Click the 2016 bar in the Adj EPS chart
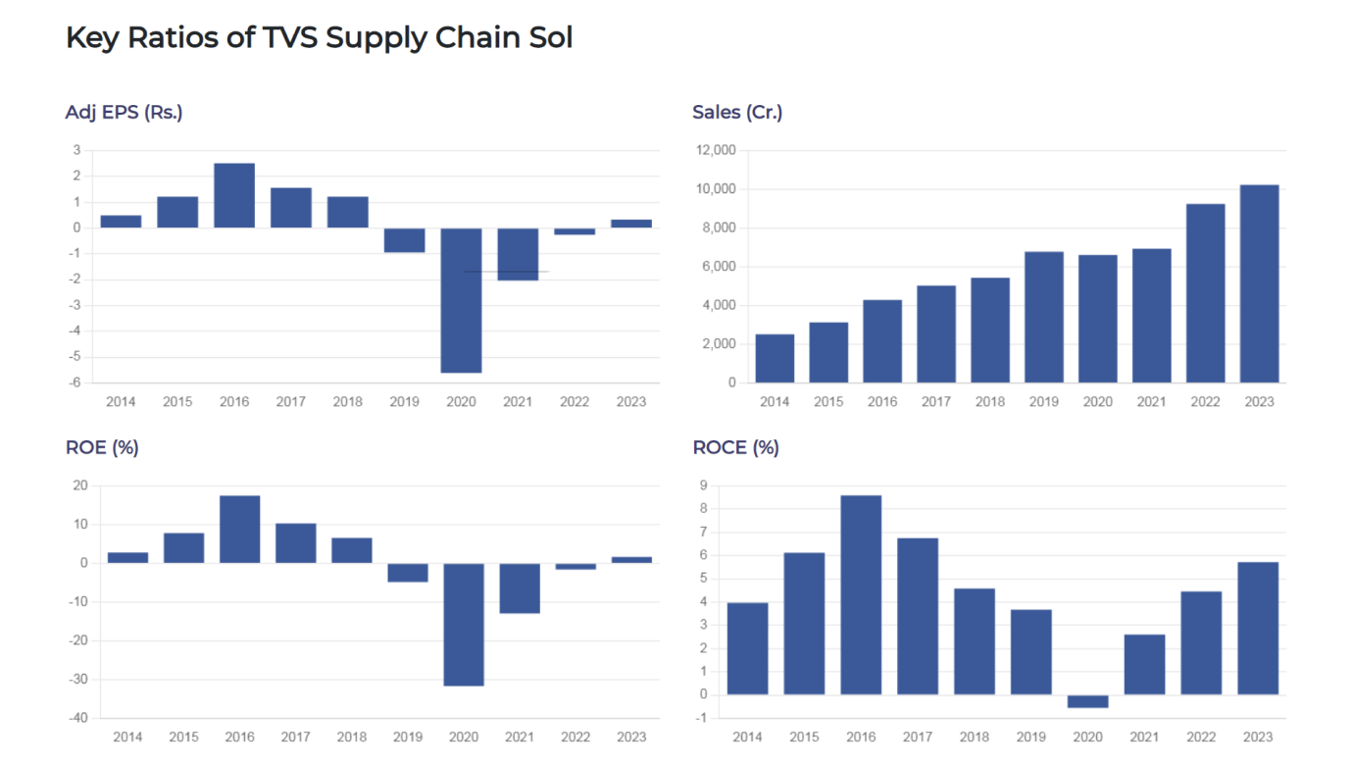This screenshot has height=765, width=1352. point(234,195)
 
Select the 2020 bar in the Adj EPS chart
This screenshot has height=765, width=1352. point(461,300)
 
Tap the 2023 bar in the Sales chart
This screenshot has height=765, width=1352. point(1259,283)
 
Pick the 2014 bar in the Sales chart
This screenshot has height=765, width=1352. point(775,358)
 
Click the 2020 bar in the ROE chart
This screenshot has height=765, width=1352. point(464,624)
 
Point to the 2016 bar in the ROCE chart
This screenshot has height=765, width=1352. point(861,594)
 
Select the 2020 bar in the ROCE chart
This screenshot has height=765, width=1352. point(1087,701)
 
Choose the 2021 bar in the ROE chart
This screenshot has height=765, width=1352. point(520,588)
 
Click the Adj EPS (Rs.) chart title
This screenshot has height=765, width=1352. point(124,112)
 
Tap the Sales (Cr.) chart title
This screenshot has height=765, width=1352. point(737,112)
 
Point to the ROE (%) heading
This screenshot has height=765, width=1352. point(102,447)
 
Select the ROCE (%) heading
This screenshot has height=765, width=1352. point(735,447)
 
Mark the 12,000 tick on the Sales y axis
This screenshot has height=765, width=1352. point(717,150)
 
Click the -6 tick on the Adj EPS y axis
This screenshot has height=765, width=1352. point(75,382)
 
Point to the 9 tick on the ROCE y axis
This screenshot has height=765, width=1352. point(702,485)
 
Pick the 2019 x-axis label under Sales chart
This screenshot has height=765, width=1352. point(1043,402)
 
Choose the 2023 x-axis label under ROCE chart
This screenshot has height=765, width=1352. point(1258,738)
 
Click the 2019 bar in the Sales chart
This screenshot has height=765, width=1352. point(1043,317)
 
